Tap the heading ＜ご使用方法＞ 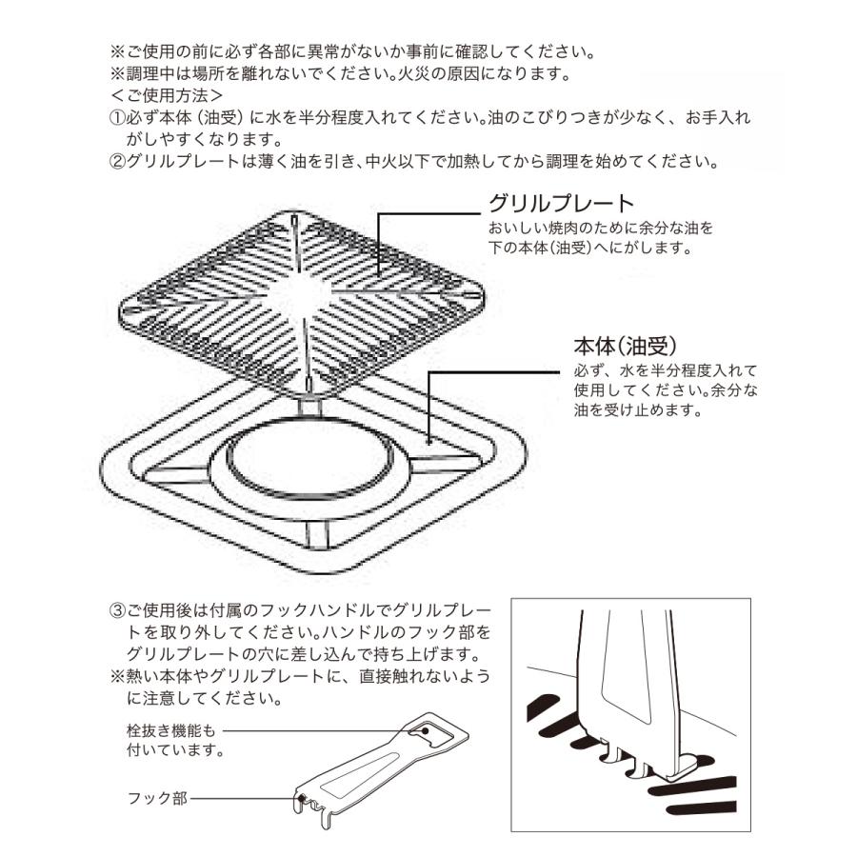(x=167, y=95)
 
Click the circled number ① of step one (x=118, y=118)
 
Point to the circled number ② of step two (x=118, y=162)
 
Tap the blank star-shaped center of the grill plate (x=307, y=285)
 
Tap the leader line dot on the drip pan (x=429, y=441)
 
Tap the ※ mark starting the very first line (x=118, y=50)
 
